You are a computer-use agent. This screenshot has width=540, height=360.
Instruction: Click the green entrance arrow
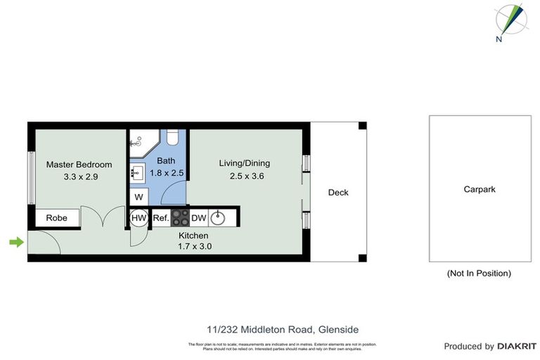point(15,243)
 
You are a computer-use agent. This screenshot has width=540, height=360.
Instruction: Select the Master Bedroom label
point(79,165)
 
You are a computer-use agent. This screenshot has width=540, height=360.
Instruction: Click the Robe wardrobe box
point(57,218)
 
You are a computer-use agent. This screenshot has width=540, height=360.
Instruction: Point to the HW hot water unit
point(139,218)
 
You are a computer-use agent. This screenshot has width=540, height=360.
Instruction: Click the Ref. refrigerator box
point(160,218)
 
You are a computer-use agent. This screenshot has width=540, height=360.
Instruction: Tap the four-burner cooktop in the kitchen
point(180,217)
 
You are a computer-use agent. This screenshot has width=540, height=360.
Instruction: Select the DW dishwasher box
point(198,218)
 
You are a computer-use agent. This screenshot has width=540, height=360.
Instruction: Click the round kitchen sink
point(219,217)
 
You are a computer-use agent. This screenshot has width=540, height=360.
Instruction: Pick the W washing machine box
point(139,196)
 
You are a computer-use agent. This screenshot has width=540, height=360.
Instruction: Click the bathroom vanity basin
point(137,172)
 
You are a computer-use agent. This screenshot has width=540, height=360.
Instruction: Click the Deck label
point(337,193)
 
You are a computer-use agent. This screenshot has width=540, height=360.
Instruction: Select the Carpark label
point(480,189)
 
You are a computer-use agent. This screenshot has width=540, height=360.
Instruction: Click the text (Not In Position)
point(479,273)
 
